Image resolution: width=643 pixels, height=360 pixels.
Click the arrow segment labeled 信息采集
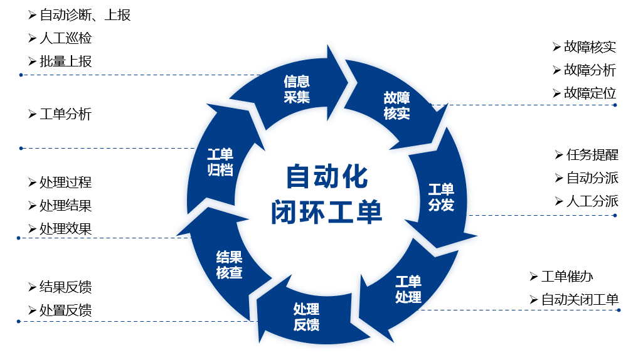(x=296, y=89)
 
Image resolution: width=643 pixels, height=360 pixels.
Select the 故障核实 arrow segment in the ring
(x=396, y=105)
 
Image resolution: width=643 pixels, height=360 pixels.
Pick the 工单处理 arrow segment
(x=408, y=289)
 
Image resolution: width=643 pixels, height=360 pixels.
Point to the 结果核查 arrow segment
(x=229, y=265)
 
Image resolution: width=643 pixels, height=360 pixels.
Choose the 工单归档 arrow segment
(x=220, y=162)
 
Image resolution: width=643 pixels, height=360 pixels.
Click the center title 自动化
(x=327, y=177)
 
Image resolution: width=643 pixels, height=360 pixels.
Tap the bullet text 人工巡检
(x=66, y=38)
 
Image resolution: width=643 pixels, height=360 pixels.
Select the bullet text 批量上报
(x=66, y=61)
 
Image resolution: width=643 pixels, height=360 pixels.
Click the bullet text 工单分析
(x=66, y=114)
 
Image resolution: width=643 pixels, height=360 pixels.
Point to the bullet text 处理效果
(x=66, y=229)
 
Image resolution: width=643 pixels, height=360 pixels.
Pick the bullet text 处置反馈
(x=66, y=310)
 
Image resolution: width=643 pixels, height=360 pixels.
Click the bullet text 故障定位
(x=590, y=93)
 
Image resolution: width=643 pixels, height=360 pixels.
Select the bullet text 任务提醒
(x=592, y=154)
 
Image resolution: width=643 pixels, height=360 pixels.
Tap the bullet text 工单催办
(x=567, y=277)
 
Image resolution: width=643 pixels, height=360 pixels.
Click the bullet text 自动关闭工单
(x=580, y=300)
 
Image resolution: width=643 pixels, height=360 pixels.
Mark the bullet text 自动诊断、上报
(x=85, y=15)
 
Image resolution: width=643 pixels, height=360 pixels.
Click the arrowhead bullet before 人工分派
(x=558, y=201)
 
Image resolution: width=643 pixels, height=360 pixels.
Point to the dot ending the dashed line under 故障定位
(x=615, y=105)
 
